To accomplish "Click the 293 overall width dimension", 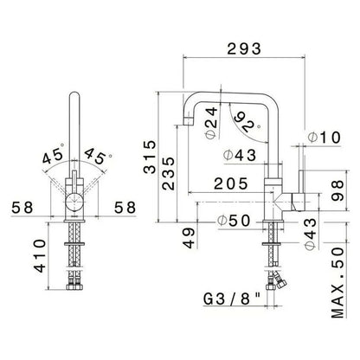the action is coord(244,48).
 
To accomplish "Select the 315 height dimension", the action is coord(150,157).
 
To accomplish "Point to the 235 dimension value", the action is coord(168,174).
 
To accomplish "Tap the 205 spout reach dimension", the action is coord(231,183).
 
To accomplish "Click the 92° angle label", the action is coord(246,122).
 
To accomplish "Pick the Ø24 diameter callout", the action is coord(212,123).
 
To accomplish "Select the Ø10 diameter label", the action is coord(325,138).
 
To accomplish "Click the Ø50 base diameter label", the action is coord(234,222).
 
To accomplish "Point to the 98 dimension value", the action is coord(337,190).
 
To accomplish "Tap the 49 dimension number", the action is coord(189,238).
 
